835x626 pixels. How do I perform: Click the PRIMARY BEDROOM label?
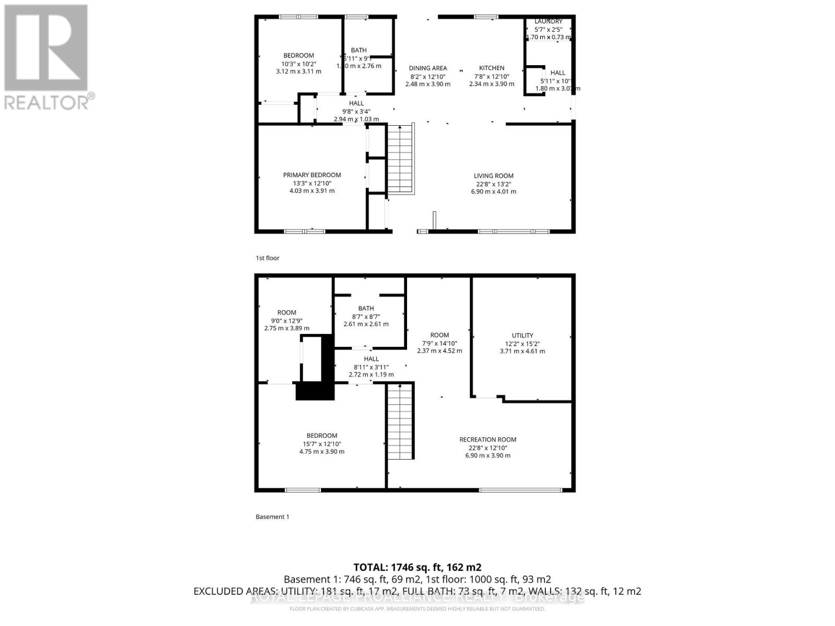(x=312, y=175)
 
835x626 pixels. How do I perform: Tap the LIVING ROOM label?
(x=493, y=176)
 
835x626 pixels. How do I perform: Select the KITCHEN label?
(x=492, y=68)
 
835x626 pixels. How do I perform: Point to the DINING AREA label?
(x=427, y=68)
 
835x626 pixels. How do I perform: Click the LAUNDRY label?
(x=548, y=21)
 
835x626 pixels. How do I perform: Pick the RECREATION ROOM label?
(x=487, y=439)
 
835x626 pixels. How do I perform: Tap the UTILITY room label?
(x=522, y=335)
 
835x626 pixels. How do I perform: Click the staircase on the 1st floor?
(x=400, y=160)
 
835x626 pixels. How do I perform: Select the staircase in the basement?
(x=400, y=420)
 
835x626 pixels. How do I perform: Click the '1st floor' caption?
(x=267, y=258)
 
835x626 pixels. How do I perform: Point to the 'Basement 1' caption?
(x=272, y=516)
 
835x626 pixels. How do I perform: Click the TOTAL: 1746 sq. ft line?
(x=417, y=567)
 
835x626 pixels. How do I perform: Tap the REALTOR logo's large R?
(x=46, y=48)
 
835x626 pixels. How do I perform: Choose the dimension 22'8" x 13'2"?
(x=493, y=184)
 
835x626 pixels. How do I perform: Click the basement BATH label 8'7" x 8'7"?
(x=366, y=308)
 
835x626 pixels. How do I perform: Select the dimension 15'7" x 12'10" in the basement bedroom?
(x=321, y=444)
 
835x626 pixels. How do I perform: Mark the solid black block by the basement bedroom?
(x=315, y=391)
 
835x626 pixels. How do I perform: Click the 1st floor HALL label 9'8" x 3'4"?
(x=356, y=103)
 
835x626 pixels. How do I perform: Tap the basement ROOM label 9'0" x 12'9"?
(x=287, y=312)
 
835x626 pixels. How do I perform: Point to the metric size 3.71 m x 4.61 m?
(x=522, y=351)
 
